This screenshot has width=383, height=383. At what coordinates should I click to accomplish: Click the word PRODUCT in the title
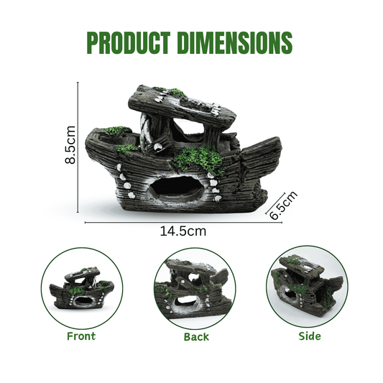[x=128, y=42]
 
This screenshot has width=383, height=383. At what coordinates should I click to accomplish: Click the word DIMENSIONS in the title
[x=235, y=42]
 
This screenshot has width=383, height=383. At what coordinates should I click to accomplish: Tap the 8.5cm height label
[x=70, y=144]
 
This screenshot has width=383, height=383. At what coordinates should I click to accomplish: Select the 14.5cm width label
[x=183, y=231]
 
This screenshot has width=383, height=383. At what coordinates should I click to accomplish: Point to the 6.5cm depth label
[x=284, y=206]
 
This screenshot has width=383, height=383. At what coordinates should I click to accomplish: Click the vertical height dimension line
[x=78, y=147]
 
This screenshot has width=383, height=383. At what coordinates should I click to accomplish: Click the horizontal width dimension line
[x=183, y=223]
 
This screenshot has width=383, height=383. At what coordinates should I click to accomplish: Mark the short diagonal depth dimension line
[x=276, y=203]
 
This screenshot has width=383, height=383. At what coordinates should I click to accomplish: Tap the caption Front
[x=81, y=336]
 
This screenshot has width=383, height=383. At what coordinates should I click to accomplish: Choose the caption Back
[x=196, y=337]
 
